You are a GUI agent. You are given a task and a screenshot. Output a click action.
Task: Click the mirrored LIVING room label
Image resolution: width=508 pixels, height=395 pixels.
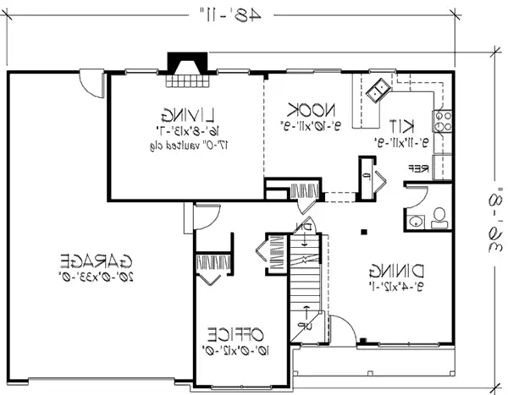pyautogui.click(x=189, y=112)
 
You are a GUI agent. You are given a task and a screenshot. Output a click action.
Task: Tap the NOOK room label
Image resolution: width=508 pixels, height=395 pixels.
pyautogui.click(x=312, y=110)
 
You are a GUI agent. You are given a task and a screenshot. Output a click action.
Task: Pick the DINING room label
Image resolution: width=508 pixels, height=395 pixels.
pyautogui.click(x=396, y=272)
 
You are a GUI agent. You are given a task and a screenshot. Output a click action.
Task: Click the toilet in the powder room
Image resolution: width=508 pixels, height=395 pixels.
pyautogui.click(x=439, y=219)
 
